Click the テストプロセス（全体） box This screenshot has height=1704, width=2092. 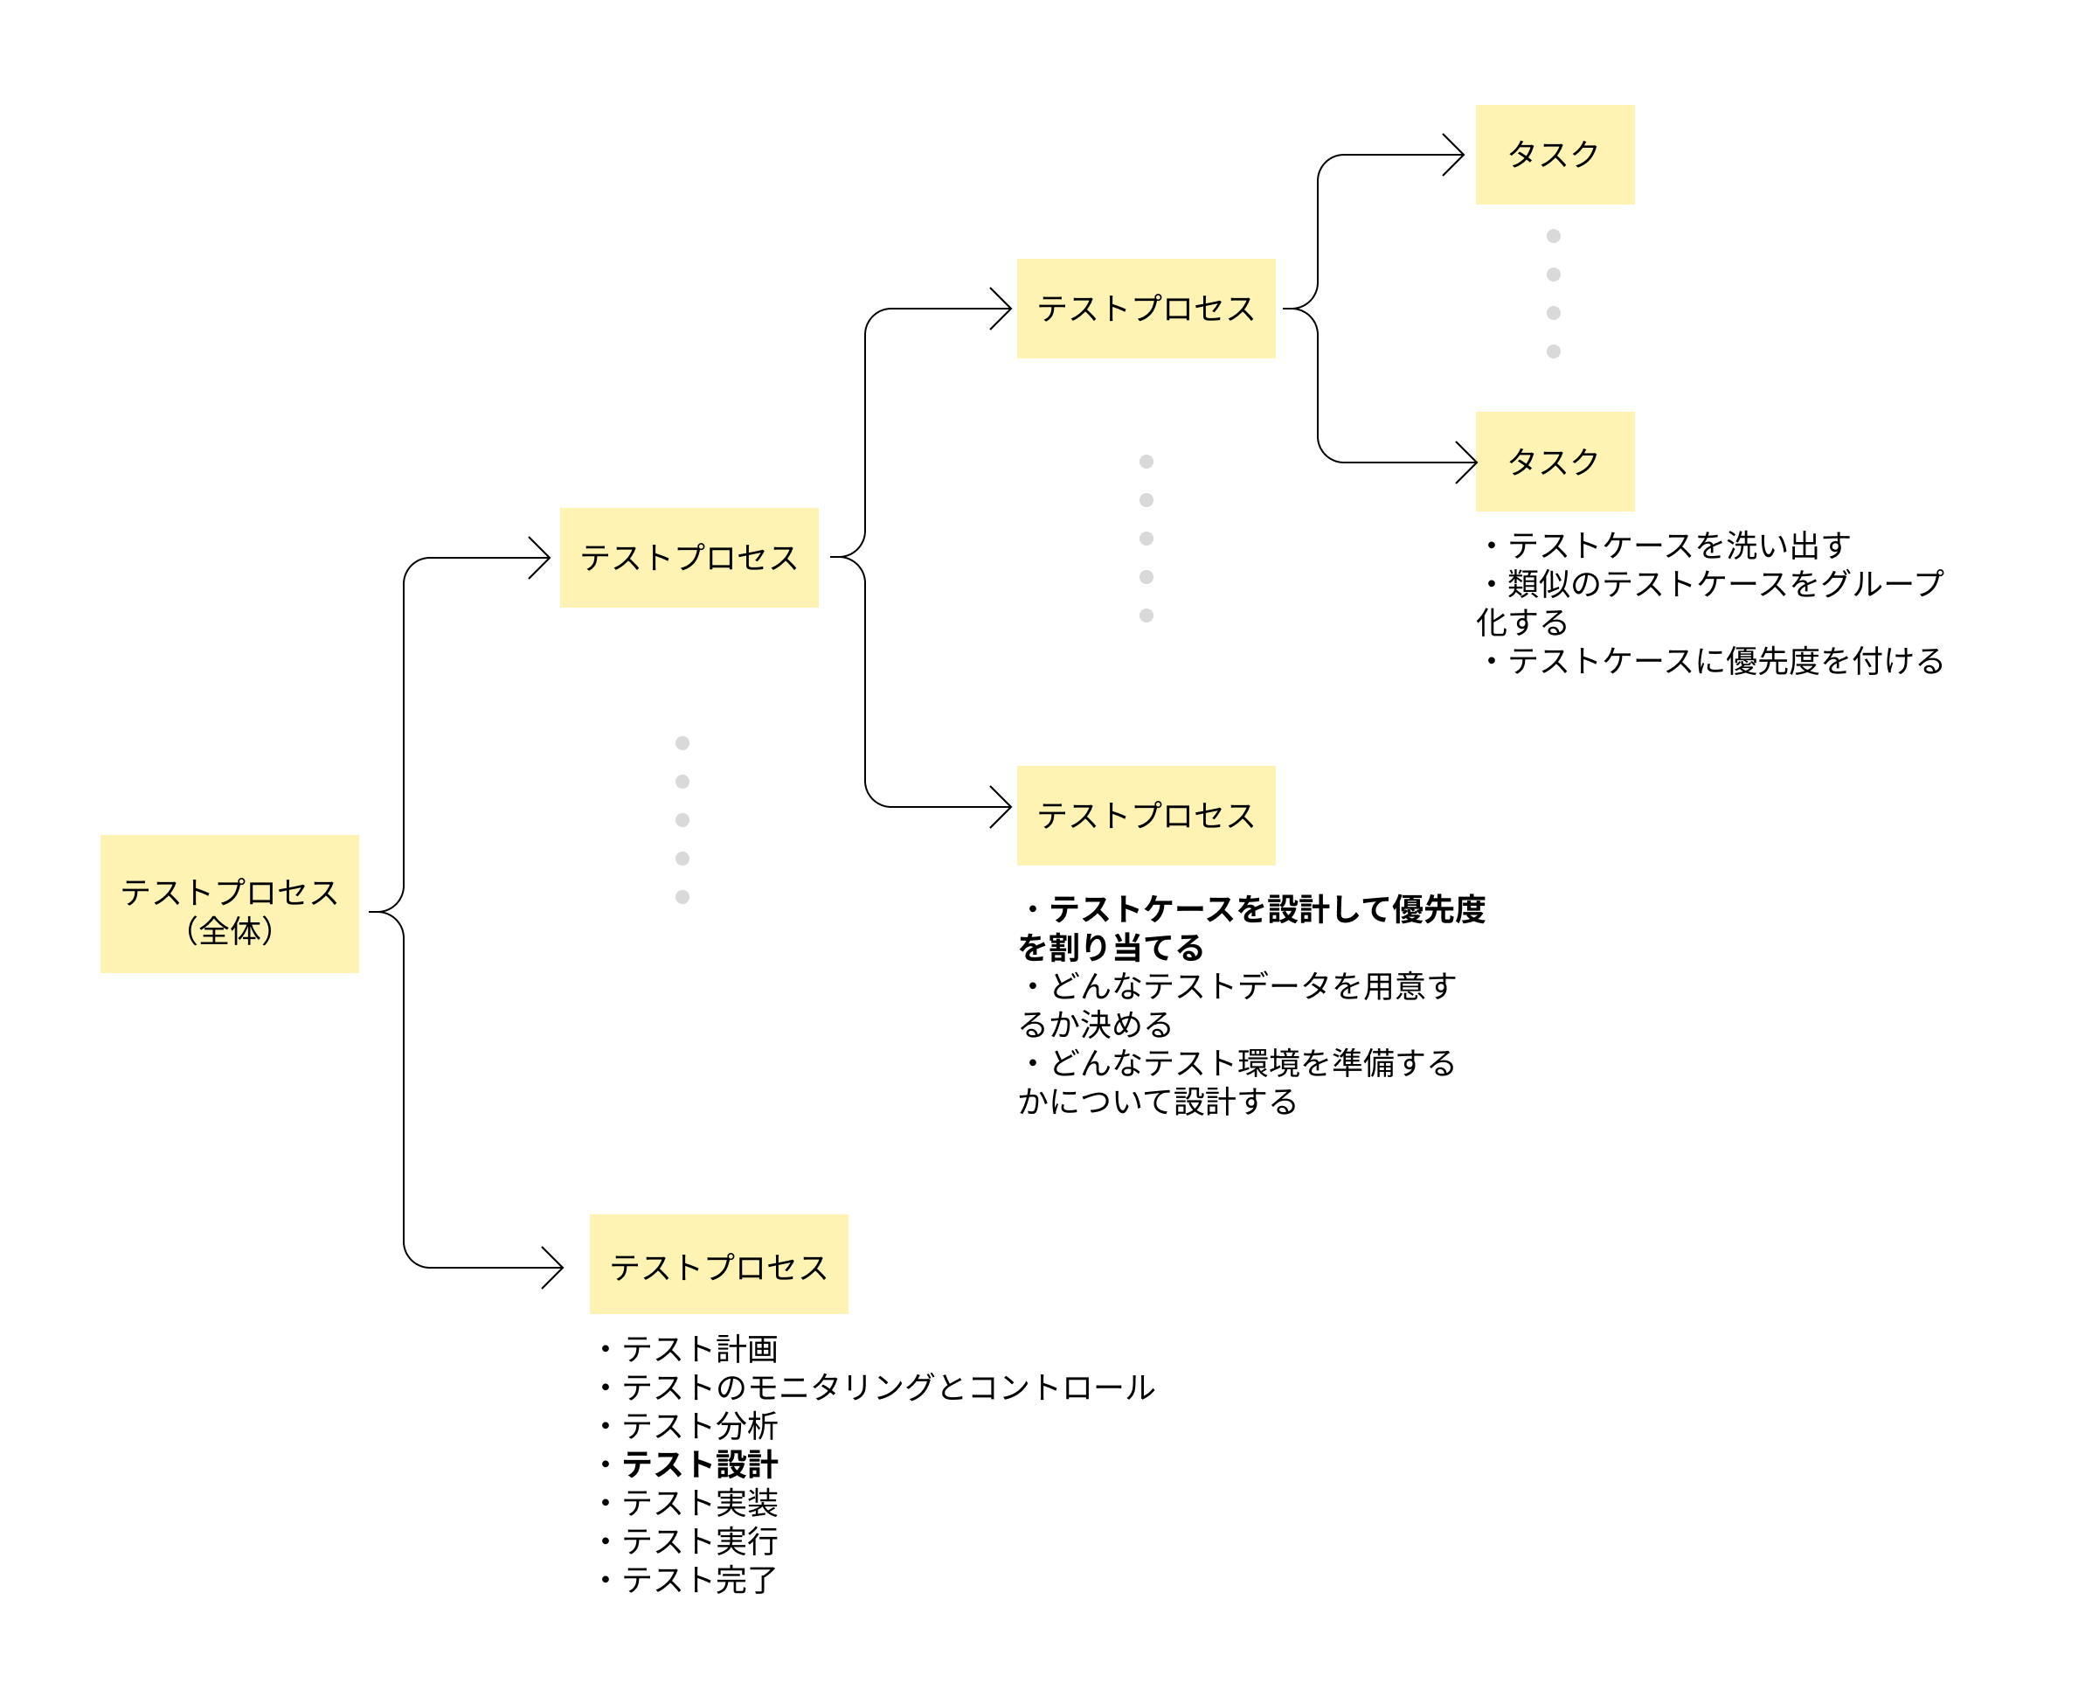click(x=229, y=903)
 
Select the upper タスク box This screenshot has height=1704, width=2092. click(x=1555, y=154)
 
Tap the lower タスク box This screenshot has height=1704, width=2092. click(x=1555, y=461)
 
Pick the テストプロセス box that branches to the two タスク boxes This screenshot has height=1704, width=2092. click(x=1145, y=309)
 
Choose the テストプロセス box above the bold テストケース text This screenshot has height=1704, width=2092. click(x=1145, y=815)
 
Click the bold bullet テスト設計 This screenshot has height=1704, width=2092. click(x=698, y=1464)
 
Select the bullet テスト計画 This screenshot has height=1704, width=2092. click(x=698, y=1349)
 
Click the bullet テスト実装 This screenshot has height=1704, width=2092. click(x=698, y=1502)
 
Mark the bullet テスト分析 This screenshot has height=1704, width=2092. click(x=698, y=1425)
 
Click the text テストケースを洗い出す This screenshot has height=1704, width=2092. click(x=1678, y=545)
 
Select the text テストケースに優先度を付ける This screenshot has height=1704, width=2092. click(x=1724, y=661)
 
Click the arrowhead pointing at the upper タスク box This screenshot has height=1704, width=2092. click(x=1456, y=155)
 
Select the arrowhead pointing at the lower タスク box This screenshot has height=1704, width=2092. click(x=1469, y=463)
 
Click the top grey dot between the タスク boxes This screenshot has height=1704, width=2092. click(x=1554, y=235)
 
